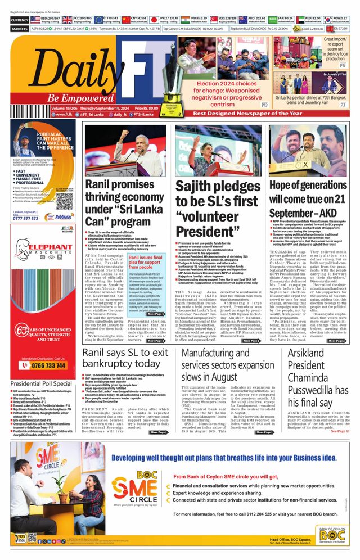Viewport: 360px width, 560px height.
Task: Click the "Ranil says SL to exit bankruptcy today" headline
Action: click(125, 359)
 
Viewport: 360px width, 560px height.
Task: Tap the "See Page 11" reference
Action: click(340, 431)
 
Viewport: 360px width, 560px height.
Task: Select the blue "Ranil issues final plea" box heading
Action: click(145, 260)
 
